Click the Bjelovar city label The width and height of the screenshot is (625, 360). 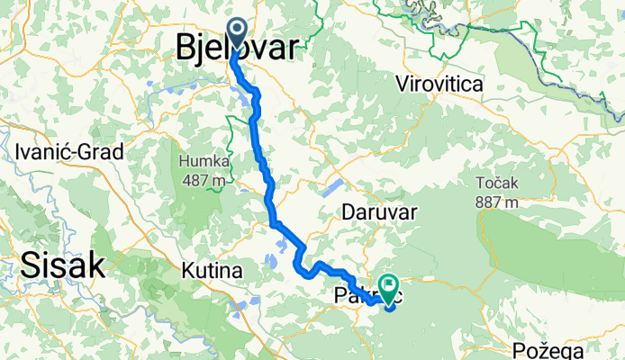pos(234,48)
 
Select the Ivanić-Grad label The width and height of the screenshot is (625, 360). pos(68,152)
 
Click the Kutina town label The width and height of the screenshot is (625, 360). pos(213,270)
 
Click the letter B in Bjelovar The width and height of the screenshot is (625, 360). pos(184,48)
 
